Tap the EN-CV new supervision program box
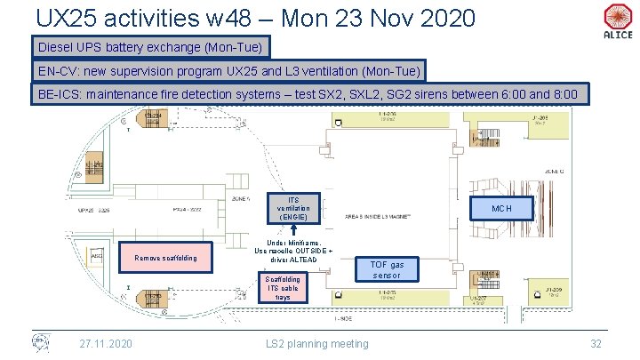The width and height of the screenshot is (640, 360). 230,70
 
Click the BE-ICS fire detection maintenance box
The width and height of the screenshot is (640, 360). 308,94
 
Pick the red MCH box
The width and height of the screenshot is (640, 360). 502,208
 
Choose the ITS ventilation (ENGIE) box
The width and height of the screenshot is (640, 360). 294,207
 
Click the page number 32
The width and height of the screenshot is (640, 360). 597,343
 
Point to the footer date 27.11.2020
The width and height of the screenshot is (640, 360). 106,343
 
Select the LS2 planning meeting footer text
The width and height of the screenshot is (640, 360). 318,343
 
